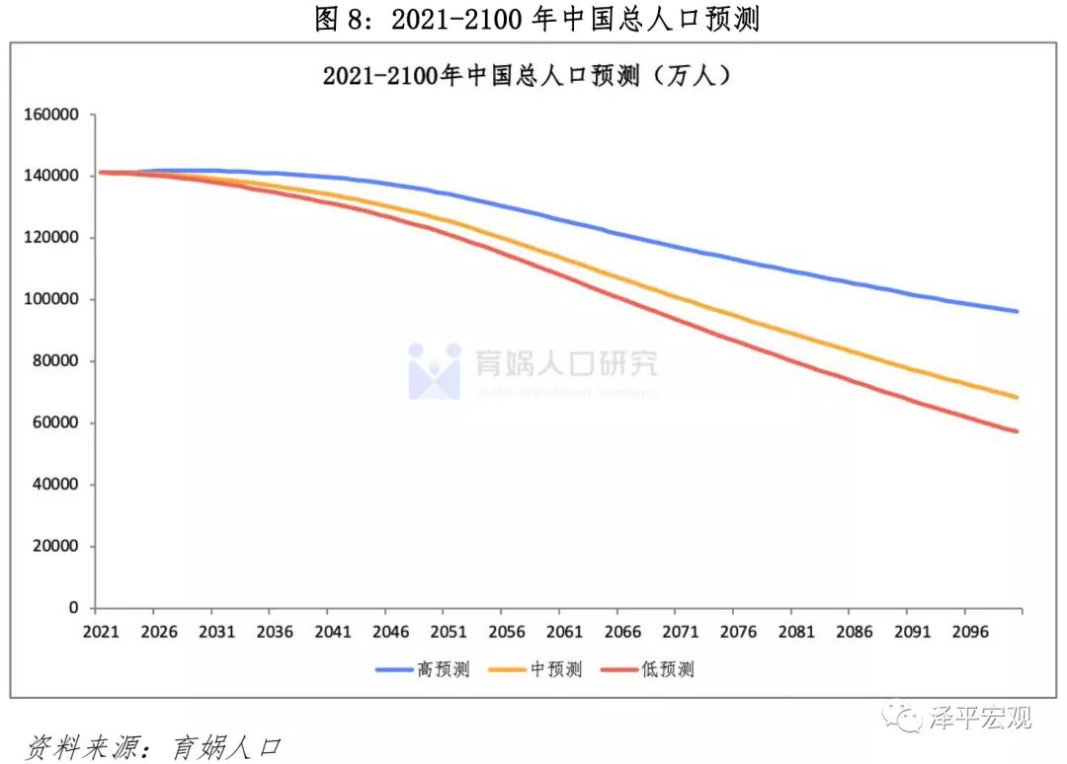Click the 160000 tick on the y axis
(51, 115)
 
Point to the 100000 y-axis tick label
(51, 300)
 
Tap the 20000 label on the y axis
(55, 547)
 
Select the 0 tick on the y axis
(74, 608)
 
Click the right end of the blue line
(1017, 312)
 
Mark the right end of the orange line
(1017, 398)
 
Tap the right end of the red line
(1017, 431)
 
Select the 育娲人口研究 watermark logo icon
(435, 371)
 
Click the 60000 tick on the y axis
(55, 423)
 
